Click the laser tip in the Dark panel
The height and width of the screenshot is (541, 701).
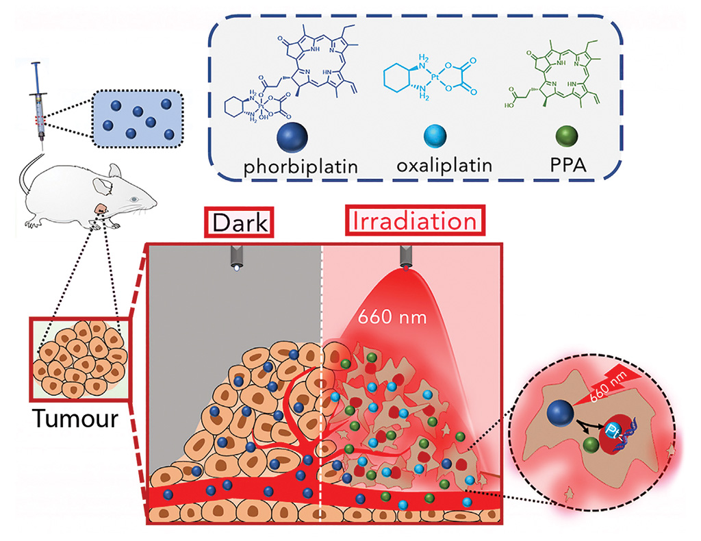236,259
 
